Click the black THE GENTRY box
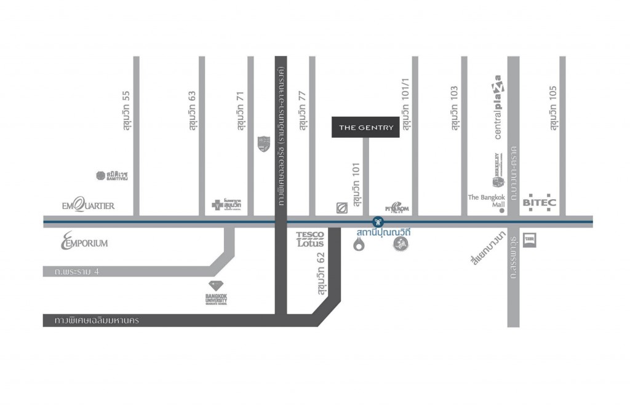[x=365, y=127]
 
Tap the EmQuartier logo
[x=88, y=205]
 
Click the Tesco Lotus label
[x=309, y=239]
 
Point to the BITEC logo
[x=539, y=202]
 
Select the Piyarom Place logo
[x=397, y=207]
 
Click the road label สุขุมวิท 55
[x=126, y=110]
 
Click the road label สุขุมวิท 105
[x=553, y=108]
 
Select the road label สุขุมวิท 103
[x=455, y=108]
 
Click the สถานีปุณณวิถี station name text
[x=383, y=233]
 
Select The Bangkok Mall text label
[x=486, y=201]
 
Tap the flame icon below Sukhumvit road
[x=359, y=245]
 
